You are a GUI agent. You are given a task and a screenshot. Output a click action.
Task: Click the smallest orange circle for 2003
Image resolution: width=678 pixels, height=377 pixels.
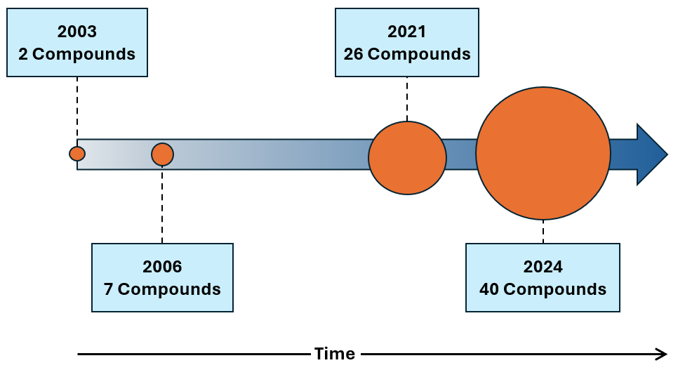(77, 154)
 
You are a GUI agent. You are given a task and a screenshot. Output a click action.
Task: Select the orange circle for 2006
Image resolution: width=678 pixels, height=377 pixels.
(162, 154)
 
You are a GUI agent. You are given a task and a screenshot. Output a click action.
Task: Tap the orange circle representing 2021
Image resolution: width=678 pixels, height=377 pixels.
(407, 157)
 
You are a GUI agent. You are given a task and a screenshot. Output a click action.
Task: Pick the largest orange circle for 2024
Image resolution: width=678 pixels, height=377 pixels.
(543, 153)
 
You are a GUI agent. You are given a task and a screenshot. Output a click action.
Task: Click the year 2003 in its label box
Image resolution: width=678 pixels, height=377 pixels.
(77, 32)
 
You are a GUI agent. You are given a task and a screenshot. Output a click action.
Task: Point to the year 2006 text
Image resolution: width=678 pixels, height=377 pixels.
(162, 267)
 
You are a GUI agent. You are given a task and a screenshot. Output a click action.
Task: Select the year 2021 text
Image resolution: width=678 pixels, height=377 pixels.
(407, 32)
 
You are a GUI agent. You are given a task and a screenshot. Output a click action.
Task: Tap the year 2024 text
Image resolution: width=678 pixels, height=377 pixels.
(543, 267)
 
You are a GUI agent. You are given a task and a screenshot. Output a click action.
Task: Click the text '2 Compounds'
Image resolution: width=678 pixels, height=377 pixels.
(77, 54)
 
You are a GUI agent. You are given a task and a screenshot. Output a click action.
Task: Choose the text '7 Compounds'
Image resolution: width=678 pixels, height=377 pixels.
(162, 289)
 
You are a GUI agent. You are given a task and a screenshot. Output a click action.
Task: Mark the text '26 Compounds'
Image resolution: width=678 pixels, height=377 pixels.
(407, 54)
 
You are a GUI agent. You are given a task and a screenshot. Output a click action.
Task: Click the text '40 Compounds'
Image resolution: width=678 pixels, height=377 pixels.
(543, 289)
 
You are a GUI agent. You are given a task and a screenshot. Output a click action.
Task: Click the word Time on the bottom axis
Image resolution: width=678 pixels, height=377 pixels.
(334, 354)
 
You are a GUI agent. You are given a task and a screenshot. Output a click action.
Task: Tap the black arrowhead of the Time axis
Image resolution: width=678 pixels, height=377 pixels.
(661, 354)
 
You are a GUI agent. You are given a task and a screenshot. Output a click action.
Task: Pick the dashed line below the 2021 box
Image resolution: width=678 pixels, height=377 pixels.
(407, 98)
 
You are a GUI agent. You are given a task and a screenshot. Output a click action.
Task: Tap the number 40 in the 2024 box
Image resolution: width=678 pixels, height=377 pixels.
(489, 289)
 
